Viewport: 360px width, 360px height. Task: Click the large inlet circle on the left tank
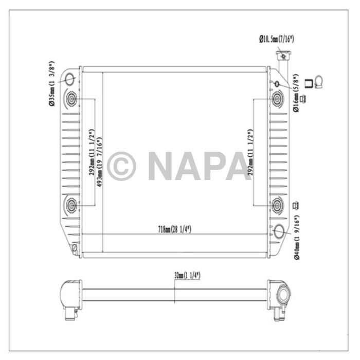pos(69,79)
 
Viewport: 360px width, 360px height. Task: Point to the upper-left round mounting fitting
pos(70,99)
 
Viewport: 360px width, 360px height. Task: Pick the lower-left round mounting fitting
pos(70,206)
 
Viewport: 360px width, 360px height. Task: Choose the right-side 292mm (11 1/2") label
pos(250,152)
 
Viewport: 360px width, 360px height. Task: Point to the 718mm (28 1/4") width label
pos(175,229)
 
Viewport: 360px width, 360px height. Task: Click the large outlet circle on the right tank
pos(280,232)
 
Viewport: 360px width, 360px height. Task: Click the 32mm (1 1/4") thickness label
pos(186,276)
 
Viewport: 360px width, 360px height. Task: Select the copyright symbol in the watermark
pos(122,166)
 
